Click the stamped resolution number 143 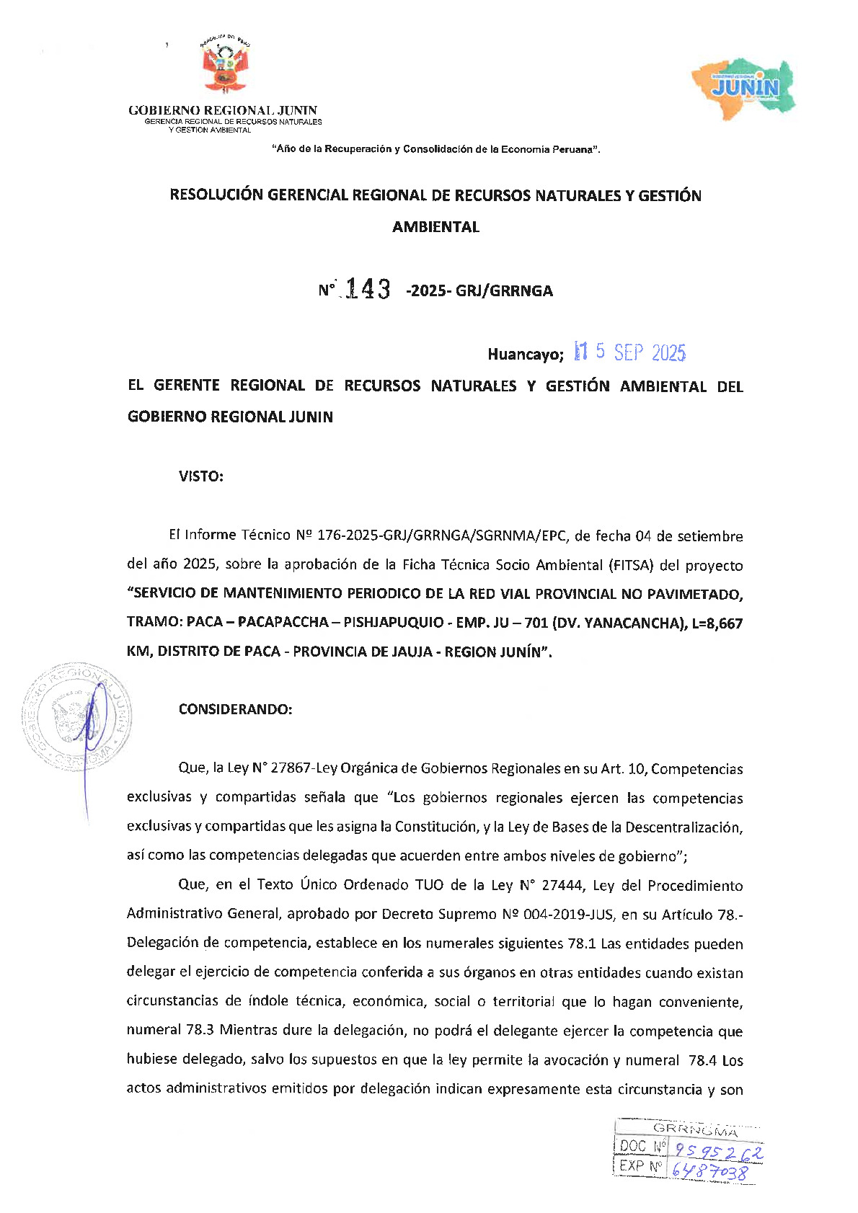[x=368, y=290]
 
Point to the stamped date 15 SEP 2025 [x=629, y=352]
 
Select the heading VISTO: [x=201, y=476]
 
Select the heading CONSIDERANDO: [x=236, y=709]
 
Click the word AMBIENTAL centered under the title [x=435, y=227]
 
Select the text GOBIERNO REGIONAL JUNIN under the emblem [x=223, y=110]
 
